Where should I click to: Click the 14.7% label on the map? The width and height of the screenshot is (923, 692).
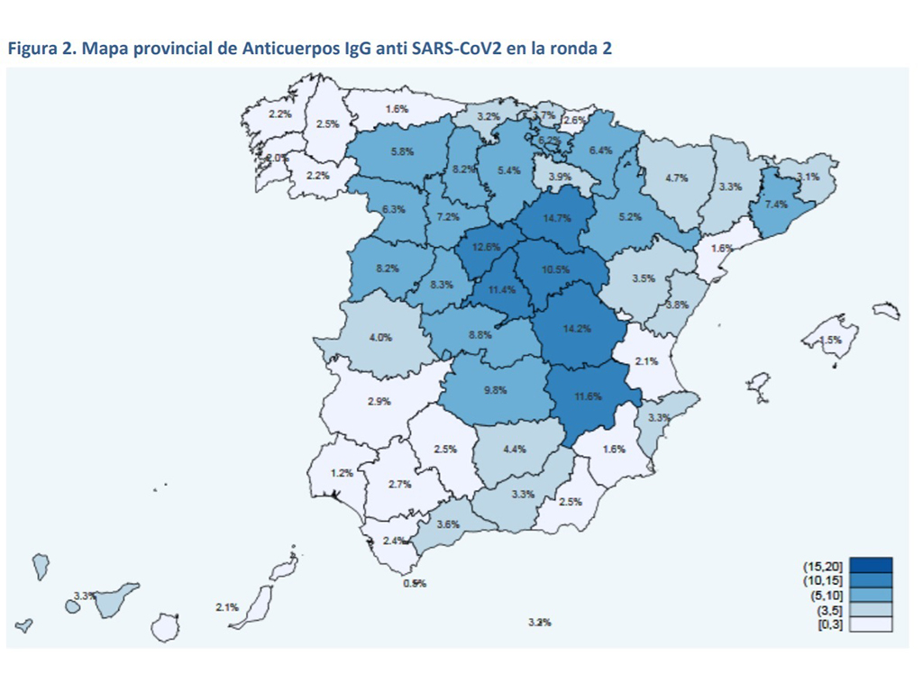pyautogui.click(x=557, y=217)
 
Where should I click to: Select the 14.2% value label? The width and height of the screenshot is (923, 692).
pyautogui.click(x=576, y=329)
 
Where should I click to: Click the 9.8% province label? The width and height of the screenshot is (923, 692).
pyautogui.click(x=495, y=390)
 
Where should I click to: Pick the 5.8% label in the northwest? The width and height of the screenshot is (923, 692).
pyautogui.click(x=402, y=152)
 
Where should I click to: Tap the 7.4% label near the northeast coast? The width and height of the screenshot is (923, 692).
pyautogui.click(x=776, y=205)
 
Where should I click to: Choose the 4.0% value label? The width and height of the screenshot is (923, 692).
pyautogui.click(x=380, y=338)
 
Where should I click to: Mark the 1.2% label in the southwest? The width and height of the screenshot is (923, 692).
pyautogui.click(x=342, y=473)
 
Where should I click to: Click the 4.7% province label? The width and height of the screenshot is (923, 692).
pyautogui.click(x=676, y=178)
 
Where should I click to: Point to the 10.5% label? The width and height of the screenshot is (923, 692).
pyautogui.click(x=556, y=269)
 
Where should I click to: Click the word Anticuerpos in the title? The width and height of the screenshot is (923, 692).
pyautogui.click(x=286, y=49)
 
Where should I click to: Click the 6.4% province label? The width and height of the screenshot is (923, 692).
pyautogui.click(x=600, y=150)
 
